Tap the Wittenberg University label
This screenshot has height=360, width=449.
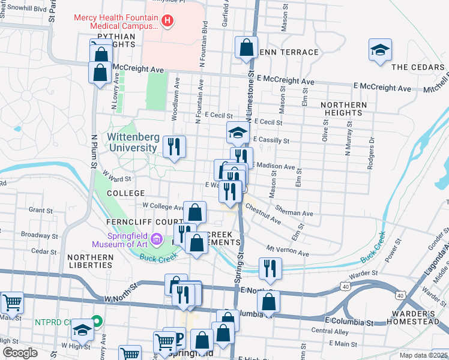(134, 142)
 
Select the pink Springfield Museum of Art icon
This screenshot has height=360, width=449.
(157, 240)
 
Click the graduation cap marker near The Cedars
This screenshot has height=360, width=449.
(380, 51)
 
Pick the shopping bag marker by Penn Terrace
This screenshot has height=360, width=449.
(246, 48)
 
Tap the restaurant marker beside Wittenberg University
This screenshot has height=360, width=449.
(174, 147)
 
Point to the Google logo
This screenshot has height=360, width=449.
(20, 353)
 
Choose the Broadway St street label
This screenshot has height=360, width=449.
(40, 235)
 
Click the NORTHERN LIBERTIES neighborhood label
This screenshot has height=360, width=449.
(90, 261)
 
